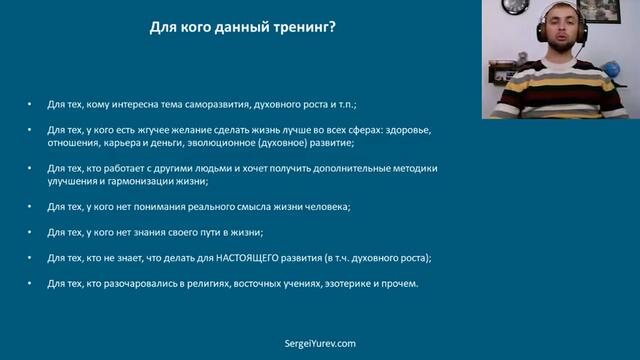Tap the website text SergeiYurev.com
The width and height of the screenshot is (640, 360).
coord(320,343)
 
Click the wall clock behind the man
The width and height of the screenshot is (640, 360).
coord(515,6)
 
